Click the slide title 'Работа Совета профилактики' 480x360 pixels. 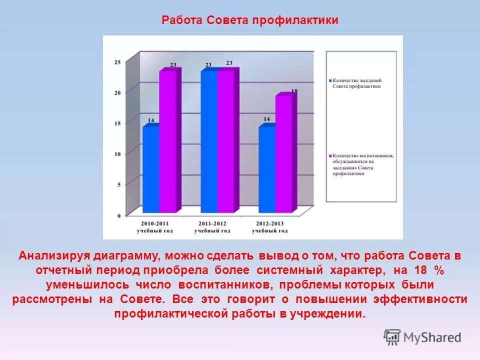(x=249, y=20)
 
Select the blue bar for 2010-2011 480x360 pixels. (x=151, y=170)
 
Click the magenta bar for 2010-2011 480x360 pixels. (x=168, y=142)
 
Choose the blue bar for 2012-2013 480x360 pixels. (x=266, y=170)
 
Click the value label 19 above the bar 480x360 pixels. (x=294, y=91)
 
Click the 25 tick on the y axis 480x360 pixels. (x=117, y=62)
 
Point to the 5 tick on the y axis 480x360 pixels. (x=119, y=184)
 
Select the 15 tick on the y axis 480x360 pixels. (x=117, y=123)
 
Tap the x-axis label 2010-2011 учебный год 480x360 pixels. (x=154, y=227)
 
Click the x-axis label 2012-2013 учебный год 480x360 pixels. (x=270, y=227)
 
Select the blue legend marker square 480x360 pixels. (x=330, y=80)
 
